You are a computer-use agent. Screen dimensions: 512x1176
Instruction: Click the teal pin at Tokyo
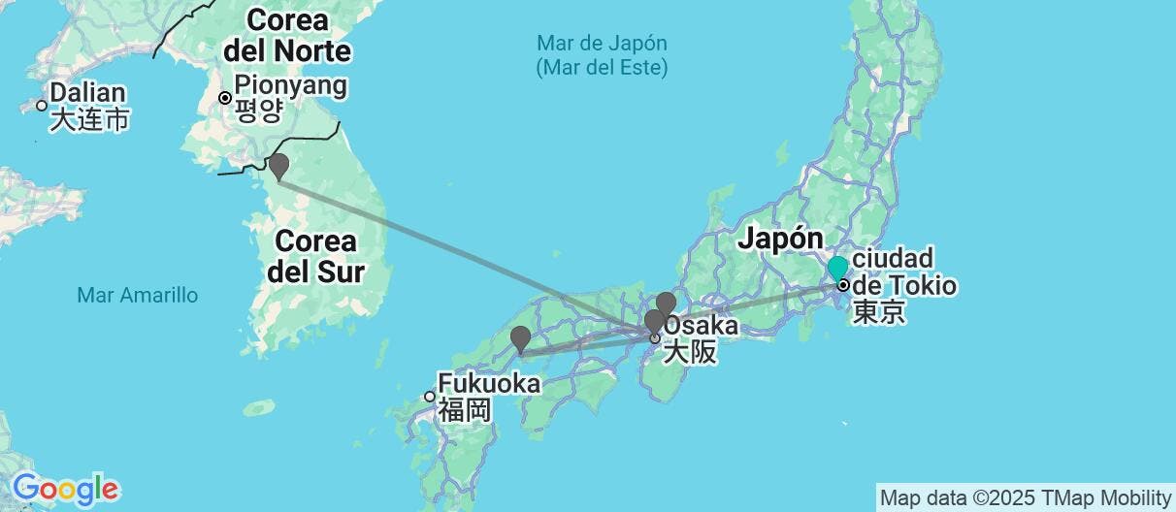837,267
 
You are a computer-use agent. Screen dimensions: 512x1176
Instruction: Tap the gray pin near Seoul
278,165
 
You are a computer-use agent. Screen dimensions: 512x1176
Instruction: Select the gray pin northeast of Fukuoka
520,338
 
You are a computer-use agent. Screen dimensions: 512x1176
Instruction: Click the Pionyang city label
290,86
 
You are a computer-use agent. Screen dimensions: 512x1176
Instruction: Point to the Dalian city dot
42,106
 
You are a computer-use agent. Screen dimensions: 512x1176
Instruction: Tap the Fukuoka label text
489,384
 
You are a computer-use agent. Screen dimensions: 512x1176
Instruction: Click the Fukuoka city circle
430,396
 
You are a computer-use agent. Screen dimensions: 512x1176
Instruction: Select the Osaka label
700,326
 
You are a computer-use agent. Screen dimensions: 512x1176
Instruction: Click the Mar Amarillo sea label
137,294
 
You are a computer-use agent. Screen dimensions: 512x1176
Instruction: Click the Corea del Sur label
315,255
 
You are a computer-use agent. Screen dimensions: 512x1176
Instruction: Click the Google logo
65,488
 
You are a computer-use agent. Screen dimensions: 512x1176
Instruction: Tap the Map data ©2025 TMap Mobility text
1025,498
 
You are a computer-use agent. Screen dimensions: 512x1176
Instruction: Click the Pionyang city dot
224,97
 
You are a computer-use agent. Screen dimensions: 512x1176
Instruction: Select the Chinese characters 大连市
90,119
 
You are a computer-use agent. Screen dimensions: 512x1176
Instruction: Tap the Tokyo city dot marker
844,285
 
